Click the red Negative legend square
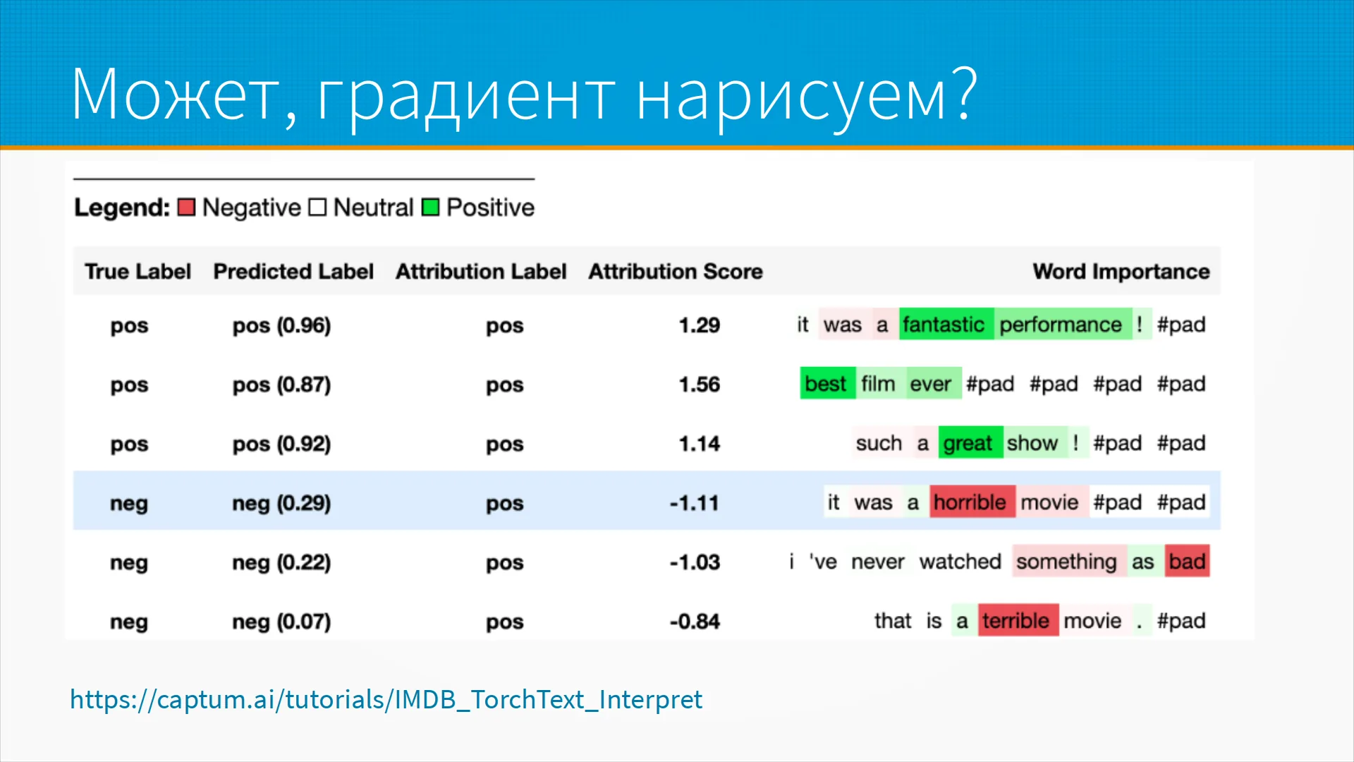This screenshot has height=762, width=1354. [x=186, y=207]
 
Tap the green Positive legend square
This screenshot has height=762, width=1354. [x=430, y=207]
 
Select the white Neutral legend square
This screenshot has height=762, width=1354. [x=317, y=207]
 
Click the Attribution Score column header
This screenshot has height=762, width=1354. [x=676, y=272]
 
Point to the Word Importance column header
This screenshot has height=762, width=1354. [x=1121, y=272]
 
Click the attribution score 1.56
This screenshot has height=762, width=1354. [x=699, y=385]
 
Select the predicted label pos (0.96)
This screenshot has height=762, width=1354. [x=281, y=325]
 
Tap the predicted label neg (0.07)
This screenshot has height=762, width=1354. [x=281, y=622]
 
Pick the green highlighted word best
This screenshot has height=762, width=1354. [x=827, y=383]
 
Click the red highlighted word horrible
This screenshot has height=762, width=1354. [x=972, y=502]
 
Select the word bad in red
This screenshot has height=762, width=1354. [x=1187, y=561]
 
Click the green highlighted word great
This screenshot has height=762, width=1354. [x=970, y=442]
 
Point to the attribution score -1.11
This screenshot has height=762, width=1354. [x=694, y=503]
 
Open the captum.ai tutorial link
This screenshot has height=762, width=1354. [x=386, y=699]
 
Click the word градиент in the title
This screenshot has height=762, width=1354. [x=466, y=95]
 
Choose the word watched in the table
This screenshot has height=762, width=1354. [x=960, y=561]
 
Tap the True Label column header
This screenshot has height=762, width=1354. [x=138, y=272]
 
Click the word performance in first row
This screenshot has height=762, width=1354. [x=1061, y=324]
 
